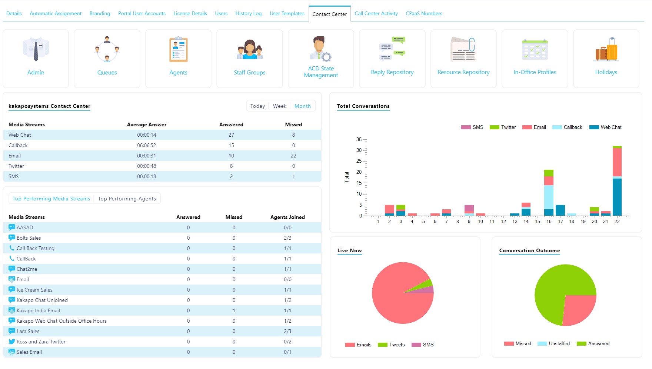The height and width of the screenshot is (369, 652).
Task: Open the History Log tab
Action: click(248, 13)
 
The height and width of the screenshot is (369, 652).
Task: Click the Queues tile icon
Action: click(107, 49)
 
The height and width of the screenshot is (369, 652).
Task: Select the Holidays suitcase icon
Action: click(606, 49)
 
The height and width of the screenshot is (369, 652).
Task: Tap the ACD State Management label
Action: click(321, 72)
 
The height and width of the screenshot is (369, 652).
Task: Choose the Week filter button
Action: click(280, 106)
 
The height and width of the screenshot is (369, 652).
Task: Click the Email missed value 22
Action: click(293, 156)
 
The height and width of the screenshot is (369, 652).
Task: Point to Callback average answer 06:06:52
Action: click(146, 145)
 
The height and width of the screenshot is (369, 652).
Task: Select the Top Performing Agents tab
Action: click(127, 199)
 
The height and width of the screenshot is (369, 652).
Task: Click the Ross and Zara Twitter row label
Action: click(41, 342)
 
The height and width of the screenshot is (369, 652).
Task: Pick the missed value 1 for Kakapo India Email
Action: click(234, 310)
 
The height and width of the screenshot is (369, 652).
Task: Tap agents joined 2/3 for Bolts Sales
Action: click(287, 238)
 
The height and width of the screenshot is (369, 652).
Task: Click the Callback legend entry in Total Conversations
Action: click(568, 127)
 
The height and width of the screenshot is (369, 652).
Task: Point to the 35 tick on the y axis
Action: click(359, 139)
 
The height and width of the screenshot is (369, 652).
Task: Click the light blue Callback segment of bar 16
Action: click(549, 197)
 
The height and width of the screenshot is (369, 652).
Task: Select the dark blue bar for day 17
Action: click(560, 210)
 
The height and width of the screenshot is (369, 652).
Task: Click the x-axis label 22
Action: click(617, 222)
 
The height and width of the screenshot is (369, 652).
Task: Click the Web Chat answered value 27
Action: click(231, 135)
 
